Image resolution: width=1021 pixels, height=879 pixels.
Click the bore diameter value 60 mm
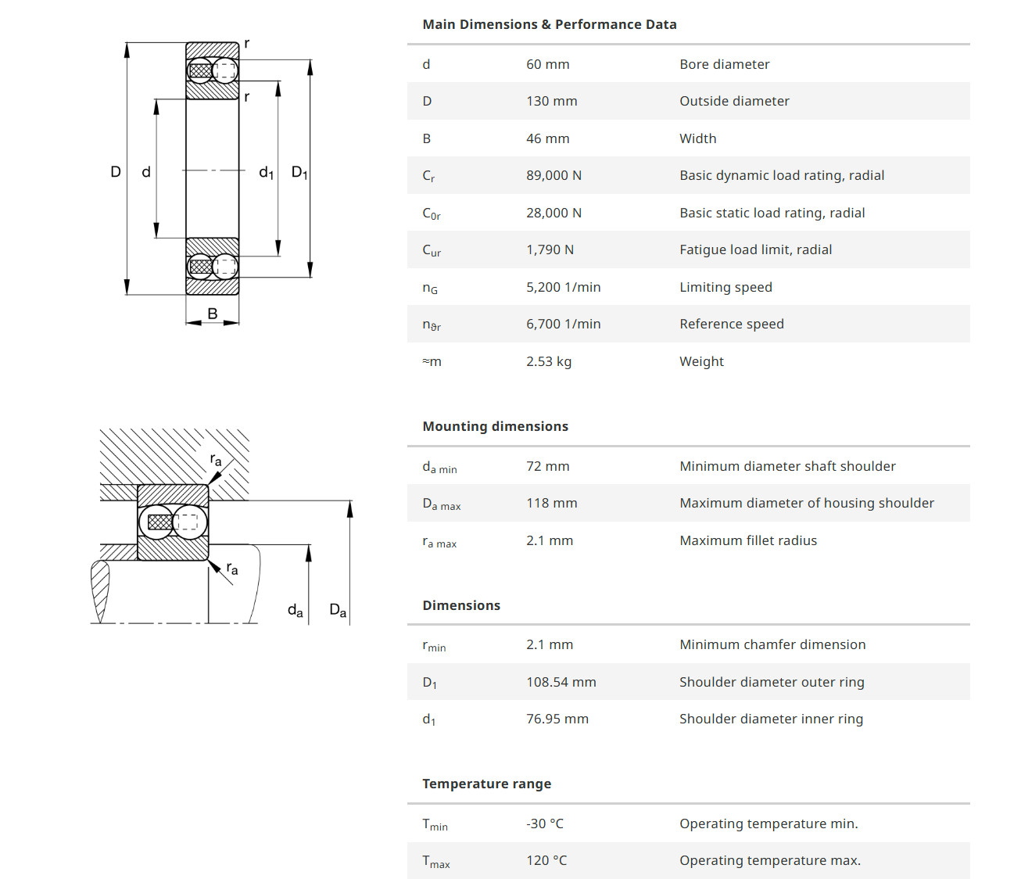[547, 64]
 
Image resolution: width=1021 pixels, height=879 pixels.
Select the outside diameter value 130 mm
[551, 101]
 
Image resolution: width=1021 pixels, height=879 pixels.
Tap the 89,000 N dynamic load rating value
[553, 175]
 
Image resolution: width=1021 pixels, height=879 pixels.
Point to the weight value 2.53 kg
[548, 361]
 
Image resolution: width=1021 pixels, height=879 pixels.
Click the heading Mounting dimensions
[495, 426]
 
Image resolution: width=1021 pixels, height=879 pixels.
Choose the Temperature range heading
[486, 784]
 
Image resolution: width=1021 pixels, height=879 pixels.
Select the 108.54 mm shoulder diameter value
[561, 682]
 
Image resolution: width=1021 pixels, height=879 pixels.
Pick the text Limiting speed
[725, 287]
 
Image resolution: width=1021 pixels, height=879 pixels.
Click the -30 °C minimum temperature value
[544, 823]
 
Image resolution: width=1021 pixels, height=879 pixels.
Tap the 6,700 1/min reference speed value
[563, 324]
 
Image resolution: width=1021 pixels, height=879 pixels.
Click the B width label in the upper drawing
[212, 314]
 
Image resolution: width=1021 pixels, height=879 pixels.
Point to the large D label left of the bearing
[116, 171]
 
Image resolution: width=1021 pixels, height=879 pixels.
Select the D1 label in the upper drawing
[299, 172]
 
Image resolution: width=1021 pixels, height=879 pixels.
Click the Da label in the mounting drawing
[338, 610]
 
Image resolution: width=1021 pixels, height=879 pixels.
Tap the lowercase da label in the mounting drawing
[295, 610]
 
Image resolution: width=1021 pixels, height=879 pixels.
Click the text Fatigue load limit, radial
[755, 249]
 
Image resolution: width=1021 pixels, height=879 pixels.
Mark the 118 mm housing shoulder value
[551, 503]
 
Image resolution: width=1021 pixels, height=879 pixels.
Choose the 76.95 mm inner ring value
[557, 719]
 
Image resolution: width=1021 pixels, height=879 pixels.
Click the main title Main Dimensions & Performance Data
[549, 24]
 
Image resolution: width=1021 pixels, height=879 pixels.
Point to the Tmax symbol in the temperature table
[435, 861]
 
